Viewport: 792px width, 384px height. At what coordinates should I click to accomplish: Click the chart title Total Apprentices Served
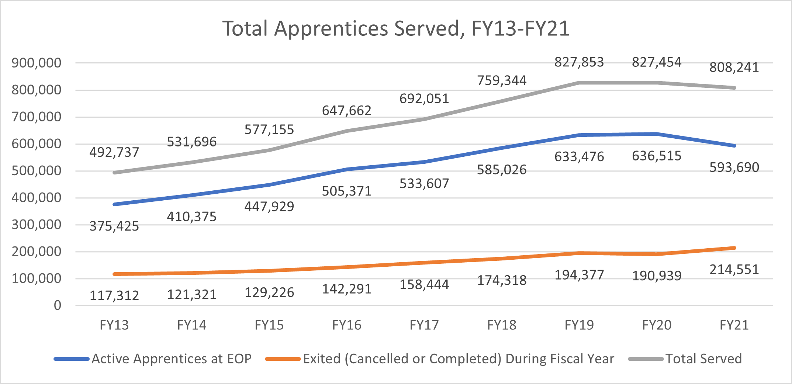point(396,29)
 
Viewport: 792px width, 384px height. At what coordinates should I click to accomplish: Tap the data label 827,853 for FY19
point(579,62)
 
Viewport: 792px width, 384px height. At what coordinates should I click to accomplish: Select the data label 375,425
point(114,226)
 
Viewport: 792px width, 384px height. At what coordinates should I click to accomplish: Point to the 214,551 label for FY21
point(734,270)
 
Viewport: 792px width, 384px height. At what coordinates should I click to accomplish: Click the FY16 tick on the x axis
point(347,325)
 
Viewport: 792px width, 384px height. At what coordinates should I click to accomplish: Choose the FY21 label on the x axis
point(734,325)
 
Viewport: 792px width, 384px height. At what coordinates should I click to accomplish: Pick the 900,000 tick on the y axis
point(36,63)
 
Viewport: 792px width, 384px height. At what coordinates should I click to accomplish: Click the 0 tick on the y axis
point(57,305)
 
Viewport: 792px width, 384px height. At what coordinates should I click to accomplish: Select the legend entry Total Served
point(703,359)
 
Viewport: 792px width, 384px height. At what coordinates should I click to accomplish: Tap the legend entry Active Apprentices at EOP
point(171,359)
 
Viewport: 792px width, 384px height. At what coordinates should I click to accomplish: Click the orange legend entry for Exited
point(458,359)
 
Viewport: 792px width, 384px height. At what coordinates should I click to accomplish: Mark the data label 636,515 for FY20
point(657,156)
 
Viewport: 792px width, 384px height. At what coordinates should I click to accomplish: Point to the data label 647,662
point(347,111)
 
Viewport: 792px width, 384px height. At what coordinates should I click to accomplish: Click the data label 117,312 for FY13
point(114,295)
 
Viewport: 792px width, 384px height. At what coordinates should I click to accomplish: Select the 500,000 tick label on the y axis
point(36,171)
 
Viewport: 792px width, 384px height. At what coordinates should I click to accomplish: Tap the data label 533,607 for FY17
point(424,184)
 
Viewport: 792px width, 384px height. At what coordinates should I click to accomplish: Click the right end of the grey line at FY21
point(734,88)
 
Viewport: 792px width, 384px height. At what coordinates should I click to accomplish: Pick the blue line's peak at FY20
point(657,134)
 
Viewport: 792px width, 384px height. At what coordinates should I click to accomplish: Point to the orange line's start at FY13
point(115,274)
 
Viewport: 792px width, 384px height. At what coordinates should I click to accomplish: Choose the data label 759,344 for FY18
point(502,80)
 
